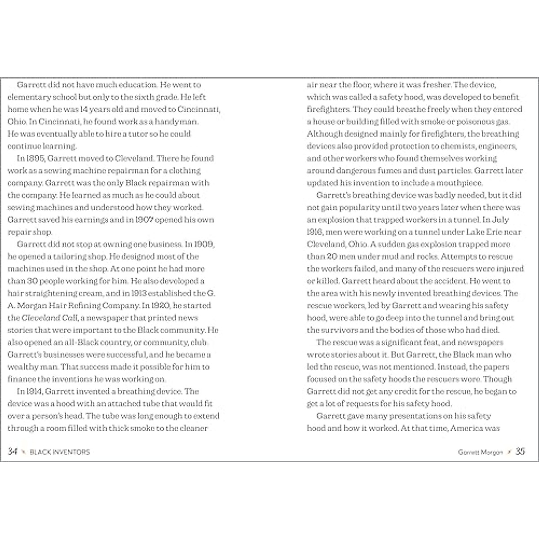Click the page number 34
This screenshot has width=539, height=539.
pyautogui.click(x=13, y=451)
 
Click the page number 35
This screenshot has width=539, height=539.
pyautogui.click(x=520, y=451)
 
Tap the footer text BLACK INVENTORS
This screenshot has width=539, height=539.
pyautogui.click(x=60, y=452)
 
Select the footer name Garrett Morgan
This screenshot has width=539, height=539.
pyautogui.click(x=480, y=452)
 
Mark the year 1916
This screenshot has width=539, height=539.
pyautogui.click(x=315, y=232)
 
